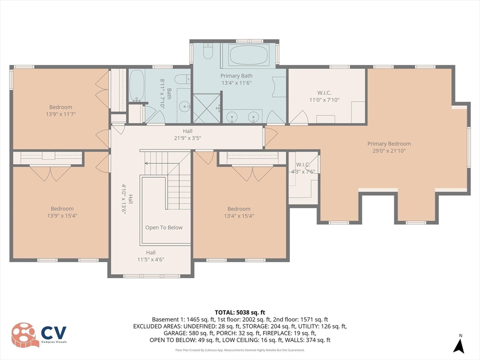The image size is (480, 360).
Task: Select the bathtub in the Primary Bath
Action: tap(249, 56)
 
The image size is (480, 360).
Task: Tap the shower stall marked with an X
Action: tap(206, 108)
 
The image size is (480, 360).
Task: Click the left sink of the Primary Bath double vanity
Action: tap(231, 116)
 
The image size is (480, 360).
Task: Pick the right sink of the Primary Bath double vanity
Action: tap(254, 116)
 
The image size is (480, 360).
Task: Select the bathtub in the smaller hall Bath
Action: tap(136, 86)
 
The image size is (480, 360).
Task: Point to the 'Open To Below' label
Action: tap(164, 227)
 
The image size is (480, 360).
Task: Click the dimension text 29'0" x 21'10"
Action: tap(389, 150)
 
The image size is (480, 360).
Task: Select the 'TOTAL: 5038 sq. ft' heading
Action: tap(240, 312)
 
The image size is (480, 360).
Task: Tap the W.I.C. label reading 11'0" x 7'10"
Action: tap(324, 100)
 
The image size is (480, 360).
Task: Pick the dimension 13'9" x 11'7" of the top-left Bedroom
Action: tap(61, 114)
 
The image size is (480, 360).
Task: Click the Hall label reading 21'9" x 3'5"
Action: tap(187, 138)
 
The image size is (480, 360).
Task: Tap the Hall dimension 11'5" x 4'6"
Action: tap(150, 259)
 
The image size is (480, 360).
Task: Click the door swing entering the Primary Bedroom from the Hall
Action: tap(270, 137)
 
